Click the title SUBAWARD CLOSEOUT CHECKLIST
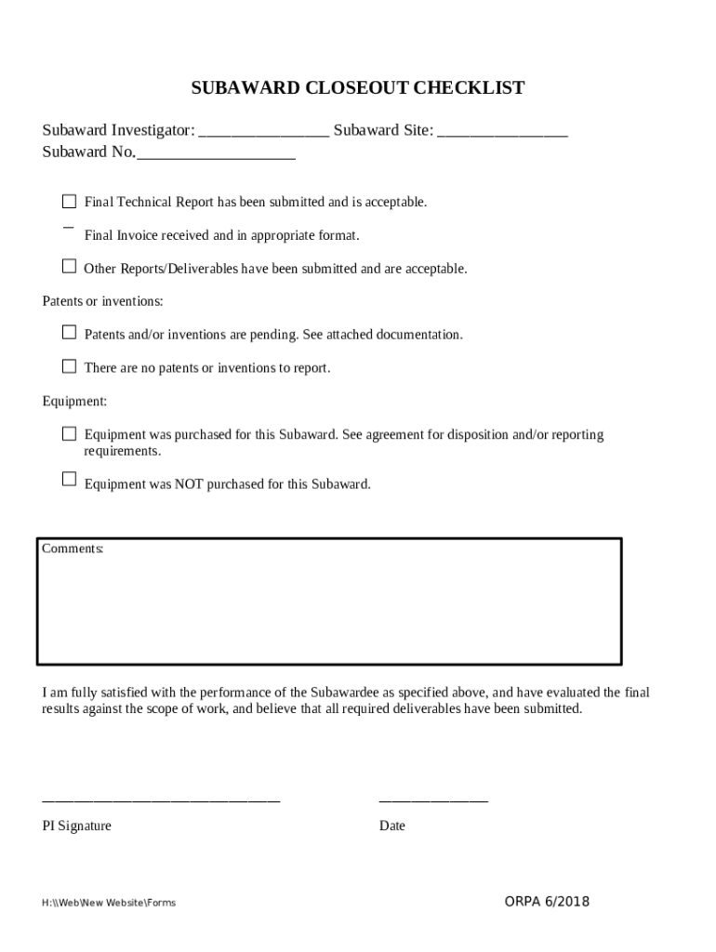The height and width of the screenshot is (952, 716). pyautogui.click(x=358, y=88)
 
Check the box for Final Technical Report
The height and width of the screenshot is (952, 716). pyautogui.click(x=69, y=201)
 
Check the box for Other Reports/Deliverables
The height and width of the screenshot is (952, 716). pyautogui.click(x=69, y=267)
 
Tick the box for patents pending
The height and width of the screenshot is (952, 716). pyautogui.click(x=69, y=332)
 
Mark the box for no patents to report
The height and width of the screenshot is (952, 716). pyautogui.click(x=69, y=366)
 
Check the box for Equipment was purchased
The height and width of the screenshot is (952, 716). pyautogui.click(x=69, y=433)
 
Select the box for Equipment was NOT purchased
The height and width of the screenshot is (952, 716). pyautogui.click(x=69, y=479)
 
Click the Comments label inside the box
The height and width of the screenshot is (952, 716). pyautogui.click(x=73, y=549)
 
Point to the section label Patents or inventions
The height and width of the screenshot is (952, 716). pyautogui.click(x=103, y=301)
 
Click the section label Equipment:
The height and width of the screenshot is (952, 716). pyautogui.click(x=74, y=402)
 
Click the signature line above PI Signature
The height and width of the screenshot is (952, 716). pyautogui.click(x=161, y=799)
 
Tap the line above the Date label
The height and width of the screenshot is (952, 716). pyautogui.click(x=433, y=799)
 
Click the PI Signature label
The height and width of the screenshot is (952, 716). pyautogui.click(x=76, y=826)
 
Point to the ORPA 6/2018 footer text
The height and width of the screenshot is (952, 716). pyautogui.click(x=547, y=902)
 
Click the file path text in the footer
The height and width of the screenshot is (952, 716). pyautogui.click(x=109, y=903)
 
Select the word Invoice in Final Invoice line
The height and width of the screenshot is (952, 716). pyautogui.click(x=138, y=235)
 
